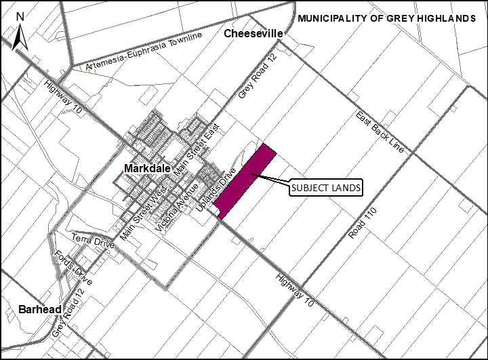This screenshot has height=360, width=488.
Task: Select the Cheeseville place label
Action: click(x=251, y=34)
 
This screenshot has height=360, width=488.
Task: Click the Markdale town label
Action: click(x=147, y=167)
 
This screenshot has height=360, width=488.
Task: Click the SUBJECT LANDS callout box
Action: click(x=325, y=188)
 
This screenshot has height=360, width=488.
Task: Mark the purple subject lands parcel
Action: click(x=246, y=181)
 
